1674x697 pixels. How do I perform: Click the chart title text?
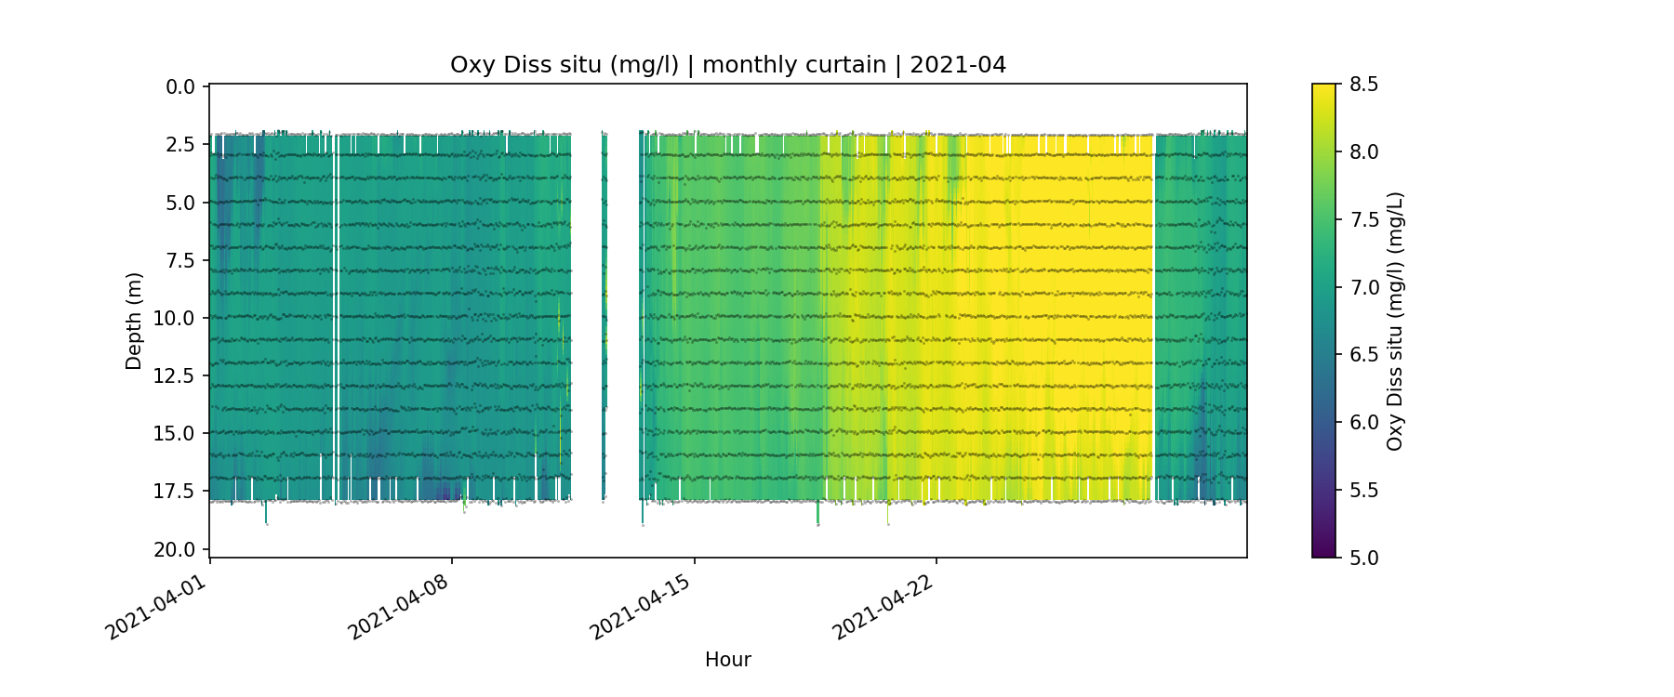[x=727, y=65]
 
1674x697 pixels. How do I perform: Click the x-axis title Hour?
[x=727, y=660]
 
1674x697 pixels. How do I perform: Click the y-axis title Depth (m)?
[x=134, y=321]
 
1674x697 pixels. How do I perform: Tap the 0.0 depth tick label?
[x=180, y=87]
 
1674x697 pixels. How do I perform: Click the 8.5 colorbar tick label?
[x=1364, y=85]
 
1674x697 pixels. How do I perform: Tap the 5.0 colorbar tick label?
[x=1364, y=558]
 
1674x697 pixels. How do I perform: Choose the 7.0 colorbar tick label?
[x=1364, y=287]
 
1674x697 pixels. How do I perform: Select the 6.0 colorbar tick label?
[x=1364, y=423]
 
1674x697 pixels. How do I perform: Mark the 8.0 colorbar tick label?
[x=1364, y=152]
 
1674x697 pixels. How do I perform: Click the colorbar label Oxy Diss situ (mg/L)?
[x=1395, y=321]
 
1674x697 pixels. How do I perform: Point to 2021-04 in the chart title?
[x=957, y=65]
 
